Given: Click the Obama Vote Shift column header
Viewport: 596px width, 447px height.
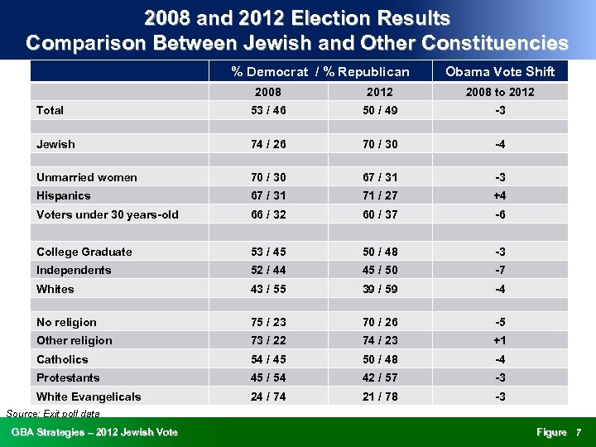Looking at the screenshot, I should [499, 71].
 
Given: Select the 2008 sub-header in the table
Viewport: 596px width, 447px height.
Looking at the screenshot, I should [267, 92].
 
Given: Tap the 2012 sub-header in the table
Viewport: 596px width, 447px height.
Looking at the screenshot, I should [379, 92].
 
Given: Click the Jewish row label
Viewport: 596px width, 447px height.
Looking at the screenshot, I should [55, 144].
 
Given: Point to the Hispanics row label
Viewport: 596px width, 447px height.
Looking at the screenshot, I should [64, 195].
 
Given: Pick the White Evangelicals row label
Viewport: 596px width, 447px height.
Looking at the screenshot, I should [89, 397].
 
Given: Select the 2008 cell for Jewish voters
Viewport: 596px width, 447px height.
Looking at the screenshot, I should [267, 144].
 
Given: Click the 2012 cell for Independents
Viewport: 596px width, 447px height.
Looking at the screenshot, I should [379, 270].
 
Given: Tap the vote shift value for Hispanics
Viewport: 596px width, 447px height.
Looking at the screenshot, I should [499, 195].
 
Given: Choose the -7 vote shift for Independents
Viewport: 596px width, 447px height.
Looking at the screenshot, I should [499, 270].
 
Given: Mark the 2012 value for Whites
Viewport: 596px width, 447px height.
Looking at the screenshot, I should [379, 289].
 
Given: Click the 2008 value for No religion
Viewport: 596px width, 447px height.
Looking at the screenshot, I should [267, 322].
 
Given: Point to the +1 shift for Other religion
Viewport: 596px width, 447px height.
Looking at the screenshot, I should [499, 340].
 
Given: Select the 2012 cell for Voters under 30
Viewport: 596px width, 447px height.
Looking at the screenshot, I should [379, 214].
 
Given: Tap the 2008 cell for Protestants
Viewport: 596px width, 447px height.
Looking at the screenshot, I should [267, 377].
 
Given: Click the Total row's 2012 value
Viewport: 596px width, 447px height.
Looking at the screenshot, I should [379, 110].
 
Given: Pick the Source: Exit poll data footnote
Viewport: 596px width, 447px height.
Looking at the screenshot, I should [52, 413].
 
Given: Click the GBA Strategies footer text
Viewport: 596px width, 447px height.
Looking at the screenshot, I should [94, 432].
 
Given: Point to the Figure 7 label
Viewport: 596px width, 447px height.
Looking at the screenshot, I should [559, 432].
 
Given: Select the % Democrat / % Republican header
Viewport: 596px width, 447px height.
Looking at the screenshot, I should [320, 71].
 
